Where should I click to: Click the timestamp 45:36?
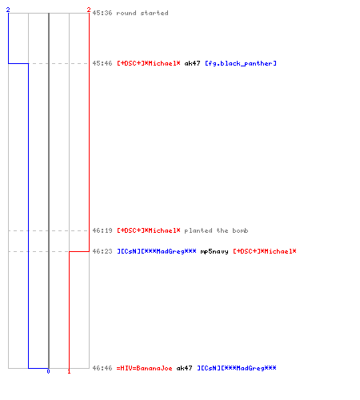click(102, 13)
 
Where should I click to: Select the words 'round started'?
click(142, 13)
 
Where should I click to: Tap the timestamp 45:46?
click(102, 63)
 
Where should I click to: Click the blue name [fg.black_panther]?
click(241, 63)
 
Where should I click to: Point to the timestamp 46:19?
click(102, 230)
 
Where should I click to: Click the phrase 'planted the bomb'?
click(216, 230)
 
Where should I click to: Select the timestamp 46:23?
click(102, 251)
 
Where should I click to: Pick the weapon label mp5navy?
click(214, 251)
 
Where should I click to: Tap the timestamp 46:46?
click(102, 368)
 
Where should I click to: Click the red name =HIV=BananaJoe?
click(144, 368)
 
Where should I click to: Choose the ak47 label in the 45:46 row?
click(192, 63)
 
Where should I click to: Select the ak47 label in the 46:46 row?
click(184, 368)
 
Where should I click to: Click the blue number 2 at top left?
click(8, 10)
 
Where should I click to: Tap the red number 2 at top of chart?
click(89, 10)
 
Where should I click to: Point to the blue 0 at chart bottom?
click(48, 371)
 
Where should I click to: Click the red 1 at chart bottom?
click(69, 371)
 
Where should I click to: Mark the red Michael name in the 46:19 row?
click(149, 230)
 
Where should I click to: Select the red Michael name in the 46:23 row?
click(265, 251)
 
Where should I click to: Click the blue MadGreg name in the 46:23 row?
click(157, 251)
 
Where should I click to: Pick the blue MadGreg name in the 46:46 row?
click(237, 368)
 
